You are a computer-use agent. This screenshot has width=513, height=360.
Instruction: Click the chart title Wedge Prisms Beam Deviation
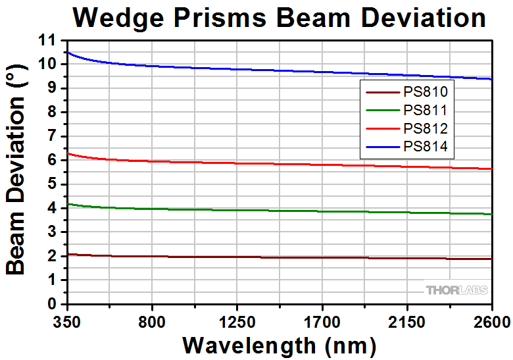point(279,18)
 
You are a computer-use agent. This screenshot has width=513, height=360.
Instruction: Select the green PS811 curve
point(263,210)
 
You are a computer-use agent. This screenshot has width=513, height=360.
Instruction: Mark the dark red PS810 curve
point(263,257)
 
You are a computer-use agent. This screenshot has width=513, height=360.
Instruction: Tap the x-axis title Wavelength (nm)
point(279,345)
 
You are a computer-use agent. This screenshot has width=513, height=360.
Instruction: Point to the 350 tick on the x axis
point(67,322)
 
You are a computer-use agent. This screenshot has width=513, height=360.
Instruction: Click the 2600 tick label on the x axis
point(491,322)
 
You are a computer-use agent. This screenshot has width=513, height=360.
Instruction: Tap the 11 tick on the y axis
point(49,40)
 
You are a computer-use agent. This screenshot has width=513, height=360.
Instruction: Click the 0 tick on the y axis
point(53,304)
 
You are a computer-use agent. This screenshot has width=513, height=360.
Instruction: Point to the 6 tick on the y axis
point(53,160)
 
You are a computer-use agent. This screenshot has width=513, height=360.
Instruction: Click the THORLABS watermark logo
point(456,290)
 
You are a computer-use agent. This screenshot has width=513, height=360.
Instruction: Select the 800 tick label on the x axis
point(152,322)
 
